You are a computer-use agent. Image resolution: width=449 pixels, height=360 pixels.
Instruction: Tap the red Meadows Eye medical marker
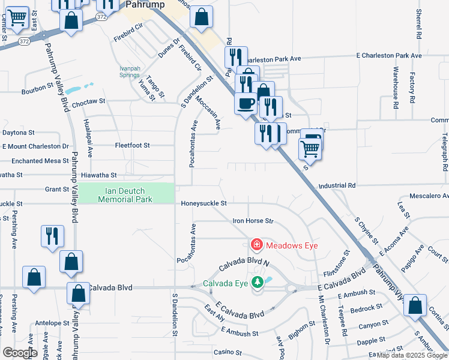(x=256, y=245)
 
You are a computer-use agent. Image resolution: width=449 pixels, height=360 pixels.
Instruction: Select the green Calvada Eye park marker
(x=258, y=283)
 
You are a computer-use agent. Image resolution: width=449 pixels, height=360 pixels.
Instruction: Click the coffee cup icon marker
(x=246, y=103)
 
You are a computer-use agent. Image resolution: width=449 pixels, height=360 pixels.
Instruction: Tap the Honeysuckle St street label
(x=203, y=204)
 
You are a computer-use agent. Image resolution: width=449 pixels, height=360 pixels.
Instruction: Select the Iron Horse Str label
(x=253, y=221)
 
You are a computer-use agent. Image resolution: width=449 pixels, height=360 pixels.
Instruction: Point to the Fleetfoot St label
(x=132, y=145)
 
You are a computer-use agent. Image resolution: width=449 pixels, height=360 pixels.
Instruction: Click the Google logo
(x=20, y=353)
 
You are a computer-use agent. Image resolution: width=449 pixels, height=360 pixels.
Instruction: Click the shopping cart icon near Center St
(x=17, y=19)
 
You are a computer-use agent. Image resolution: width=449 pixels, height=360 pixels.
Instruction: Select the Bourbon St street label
(x=38, y=89)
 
